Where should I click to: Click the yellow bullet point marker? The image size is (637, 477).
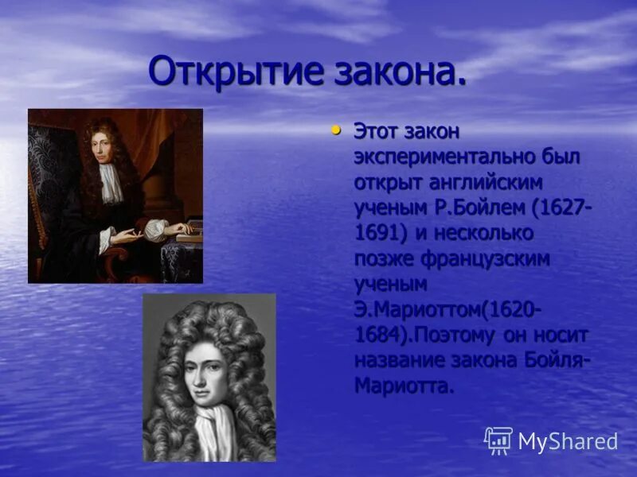(x=336, y=129)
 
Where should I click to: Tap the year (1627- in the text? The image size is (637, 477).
(x=562, y=208)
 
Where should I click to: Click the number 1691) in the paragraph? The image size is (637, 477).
(x=382, y=234)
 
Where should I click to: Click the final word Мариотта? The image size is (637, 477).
(x=404, y=386)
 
